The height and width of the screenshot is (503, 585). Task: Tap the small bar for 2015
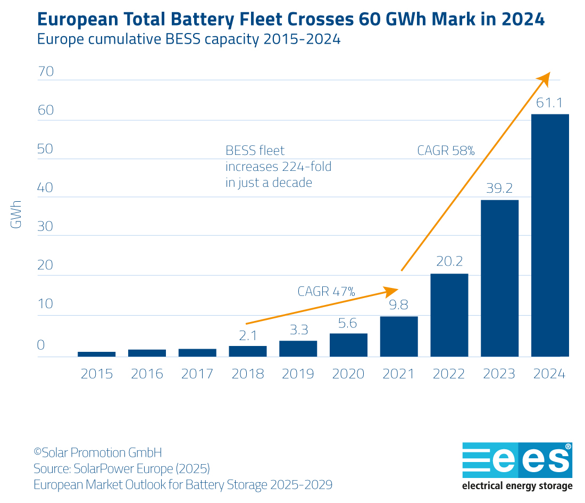tap(96, 354)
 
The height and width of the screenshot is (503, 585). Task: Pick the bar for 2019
tap(298, 349)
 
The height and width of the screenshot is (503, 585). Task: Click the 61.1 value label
tap(549, 103)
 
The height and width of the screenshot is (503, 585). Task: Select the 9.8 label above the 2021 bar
tap(399, 306)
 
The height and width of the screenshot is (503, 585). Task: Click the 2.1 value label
tap(248, 335)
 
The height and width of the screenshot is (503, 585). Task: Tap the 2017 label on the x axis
tap(197, 374)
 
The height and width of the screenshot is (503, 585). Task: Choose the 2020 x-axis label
tap(348, 374)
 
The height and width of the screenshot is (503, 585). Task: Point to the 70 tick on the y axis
tap(46, 71)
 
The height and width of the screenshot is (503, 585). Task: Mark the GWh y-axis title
tap(16, 215)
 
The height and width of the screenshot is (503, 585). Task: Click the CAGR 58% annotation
tap(446, 151)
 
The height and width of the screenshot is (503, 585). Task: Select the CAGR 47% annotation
tap(326, 291)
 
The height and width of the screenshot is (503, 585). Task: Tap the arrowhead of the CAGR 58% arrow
tap(545, 77)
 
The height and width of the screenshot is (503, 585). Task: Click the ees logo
tap(517, 460)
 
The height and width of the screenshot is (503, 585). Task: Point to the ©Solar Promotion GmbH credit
tap(97, 453)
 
